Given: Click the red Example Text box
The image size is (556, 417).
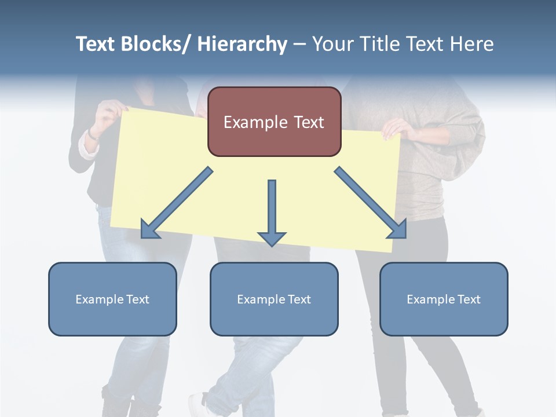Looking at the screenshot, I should pos(274,122).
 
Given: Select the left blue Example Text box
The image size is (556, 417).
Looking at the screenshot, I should pos(112,299).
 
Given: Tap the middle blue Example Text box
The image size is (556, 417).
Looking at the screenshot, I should pos(274,299).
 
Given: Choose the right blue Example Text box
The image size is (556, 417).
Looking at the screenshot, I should pos(444,299).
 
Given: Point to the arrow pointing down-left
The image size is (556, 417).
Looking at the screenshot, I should pos(177,203).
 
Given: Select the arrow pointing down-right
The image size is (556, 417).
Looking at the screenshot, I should pos(371,203).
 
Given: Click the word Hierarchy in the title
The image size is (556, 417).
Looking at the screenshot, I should pos(242,44).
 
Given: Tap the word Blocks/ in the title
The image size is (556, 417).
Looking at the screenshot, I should pos(153,44).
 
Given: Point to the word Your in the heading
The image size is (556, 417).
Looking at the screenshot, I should pos(331,44).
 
